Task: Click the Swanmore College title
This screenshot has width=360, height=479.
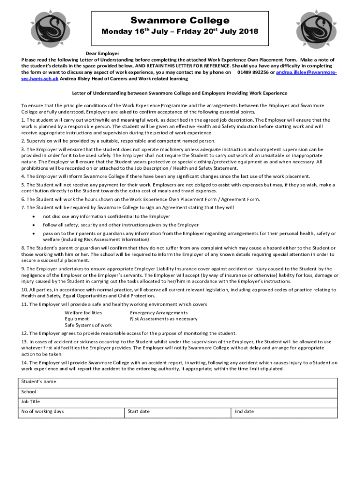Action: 180,21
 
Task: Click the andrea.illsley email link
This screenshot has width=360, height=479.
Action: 307,73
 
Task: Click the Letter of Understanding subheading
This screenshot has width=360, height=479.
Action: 180,93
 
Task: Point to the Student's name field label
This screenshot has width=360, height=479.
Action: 39,381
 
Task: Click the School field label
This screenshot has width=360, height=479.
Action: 29,392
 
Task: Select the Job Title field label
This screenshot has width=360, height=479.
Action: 31,401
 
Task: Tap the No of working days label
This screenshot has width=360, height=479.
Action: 43,411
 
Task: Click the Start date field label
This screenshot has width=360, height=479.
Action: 139,411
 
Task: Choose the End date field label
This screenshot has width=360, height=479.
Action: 244,411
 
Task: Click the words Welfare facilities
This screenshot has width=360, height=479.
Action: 83,312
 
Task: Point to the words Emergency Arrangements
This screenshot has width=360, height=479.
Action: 159,312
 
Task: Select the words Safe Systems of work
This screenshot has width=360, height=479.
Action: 88,325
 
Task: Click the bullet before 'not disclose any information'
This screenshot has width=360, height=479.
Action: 33,217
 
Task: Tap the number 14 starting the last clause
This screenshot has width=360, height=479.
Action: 24,363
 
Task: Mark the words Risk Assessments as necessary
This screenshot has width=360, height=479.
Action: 164,319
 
